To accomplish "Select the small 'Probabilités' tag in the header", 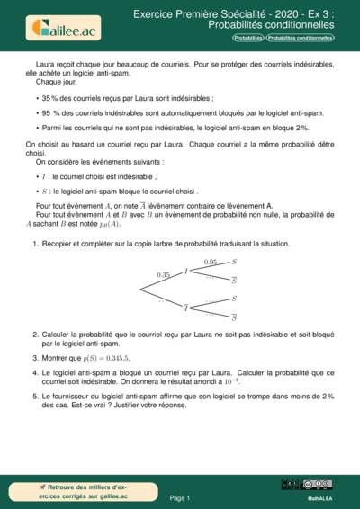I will coord(248,39).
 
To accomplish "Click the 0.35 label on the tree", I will coord(163,274).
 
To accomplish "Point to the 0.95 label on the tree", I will coord(211,262).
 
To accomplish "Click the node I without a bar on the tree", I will coord(186,271).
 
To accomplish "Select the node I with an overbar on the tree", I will coord(186,308).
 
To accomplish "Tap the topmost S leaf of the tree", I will coord(234,261).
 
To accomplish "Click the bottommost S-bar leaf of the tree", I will coord(234,317).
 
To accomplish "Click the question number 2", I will coord(34,333).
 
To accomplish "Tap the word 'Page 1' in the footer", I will coord(180,497).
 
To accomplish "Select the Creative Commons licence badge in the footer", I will coord(307,485).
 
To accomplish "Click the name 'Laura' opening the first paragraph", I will coord(45,66).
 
